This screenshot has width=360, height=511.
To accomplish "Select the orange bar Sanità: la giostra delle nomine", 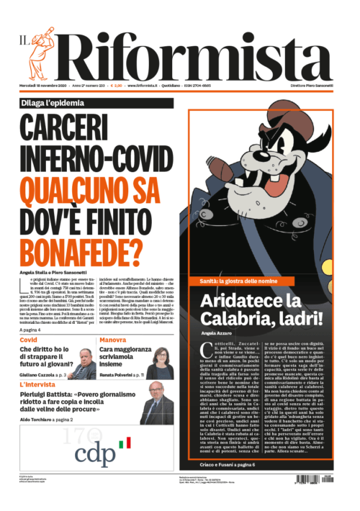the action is [x=240, y=279].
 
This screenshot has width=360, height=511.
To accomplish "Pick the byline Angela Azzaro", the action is [x=216, y=335].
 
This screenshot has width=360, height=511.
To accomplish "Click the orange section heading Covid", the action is [x=29, y=339].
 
